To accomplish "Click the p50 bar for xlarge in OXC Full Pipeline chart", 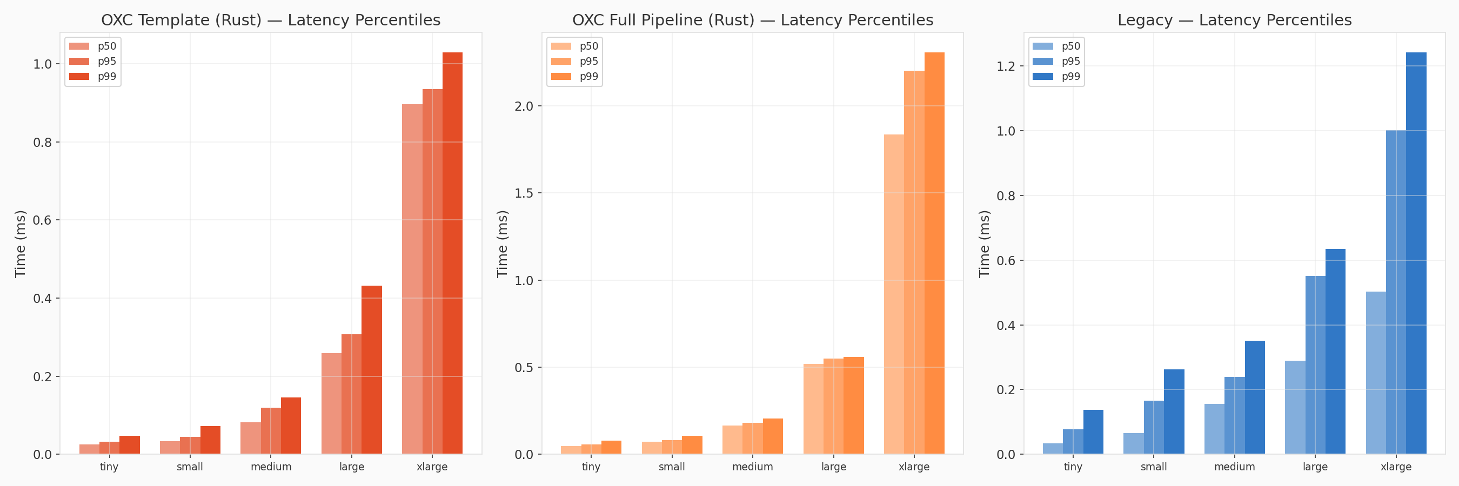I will point(894,294).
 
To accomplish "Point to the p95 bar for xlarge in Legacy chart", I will point(1396,292).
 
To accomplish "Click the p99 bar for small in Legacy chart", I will point(1174,411).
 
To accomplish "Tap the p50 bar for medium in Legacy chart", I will point(1214,428).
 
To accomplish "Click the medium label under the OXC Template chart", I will point(271,467).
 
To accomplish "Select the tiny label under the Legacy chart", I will point(1073,467).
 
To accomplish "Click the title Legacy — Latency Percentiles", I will point(1234,20).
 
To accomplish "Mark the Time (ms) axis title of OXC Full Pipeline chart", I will point(502,244).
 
